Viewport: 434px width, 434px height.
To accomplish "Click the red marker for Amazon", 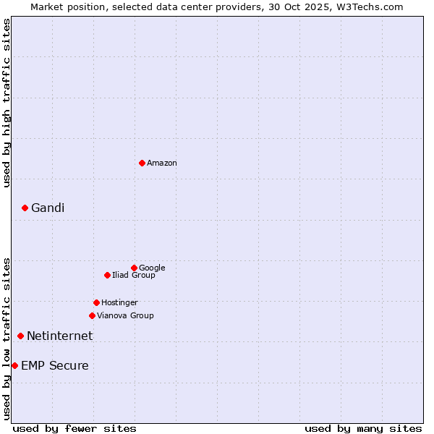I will point(142,163).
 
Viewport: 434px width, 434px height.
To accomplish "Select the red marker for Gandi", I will point(25,208).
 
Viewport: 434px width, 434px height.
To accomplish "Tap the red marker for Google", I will point(134,268).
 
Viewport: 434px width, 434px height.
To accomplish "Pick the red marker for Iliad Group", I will point(107,275).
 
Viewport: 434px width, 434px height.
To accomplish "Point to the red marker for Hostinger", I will point(96,302).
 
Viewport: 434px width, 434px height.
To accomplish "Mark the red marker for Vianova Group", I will point(92,315).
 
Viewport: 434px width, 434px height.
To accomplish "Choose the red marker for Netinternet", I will point(20,336).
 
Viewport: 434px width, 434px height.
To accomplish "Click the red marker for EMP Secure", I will point(14,365).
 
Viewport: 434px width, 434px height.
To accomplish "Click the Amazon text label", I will point(162,163).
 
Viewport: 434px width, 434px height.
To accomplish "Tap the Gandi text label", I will point(48,208).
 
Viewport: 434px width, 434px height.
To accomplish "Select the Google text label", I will point(152,268).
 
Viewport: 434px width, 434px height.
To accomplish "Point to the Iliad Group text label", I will point(134,276).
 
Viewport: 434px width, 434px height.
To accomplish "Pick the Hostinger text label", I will point(119,303).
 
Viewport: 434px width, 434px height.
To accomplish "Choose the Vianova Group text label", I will point(125,316).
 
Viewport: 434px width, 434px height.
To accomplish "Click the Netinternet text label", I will point(59,336).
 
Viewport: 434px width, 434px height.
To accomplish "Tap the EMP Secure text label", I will point(55,366).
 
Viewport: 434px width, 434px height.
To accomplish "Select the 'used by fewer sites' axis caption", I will point(75,428).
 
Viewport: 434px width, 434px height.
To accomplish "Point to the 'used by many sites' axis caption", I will point(363,428).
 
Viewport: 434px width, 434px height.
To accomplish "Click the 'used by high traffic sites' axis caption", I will point(7,103).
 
